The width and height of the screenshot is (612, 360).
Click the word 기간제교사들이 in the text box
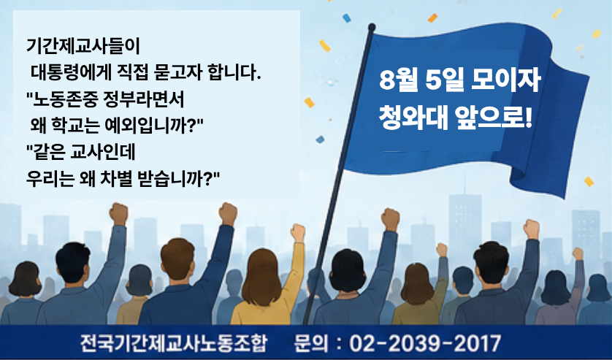coord(83,47)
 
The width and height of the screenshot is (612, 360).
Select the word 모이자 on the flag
coord(506,80)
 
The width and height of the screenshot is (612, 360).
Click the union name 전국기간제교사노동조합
coord(173,343)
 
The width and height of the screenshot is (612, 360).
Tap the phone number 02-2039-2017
coord(424,344)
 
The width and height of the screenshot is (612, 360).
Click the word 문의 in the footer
coord(310,343)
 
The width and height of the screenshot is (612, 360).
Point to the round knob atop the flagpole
coord(372,27)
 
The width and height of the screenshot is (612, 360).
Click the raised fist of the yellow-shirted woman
coord(298,233)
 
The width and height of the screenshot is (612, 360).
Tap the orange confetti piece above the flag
coord(432,18)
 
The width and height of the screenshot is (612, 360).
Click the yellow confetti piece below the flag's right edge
coord(589,182)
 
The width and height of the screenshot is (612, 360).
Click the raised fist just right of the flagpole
coord(391,220)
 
